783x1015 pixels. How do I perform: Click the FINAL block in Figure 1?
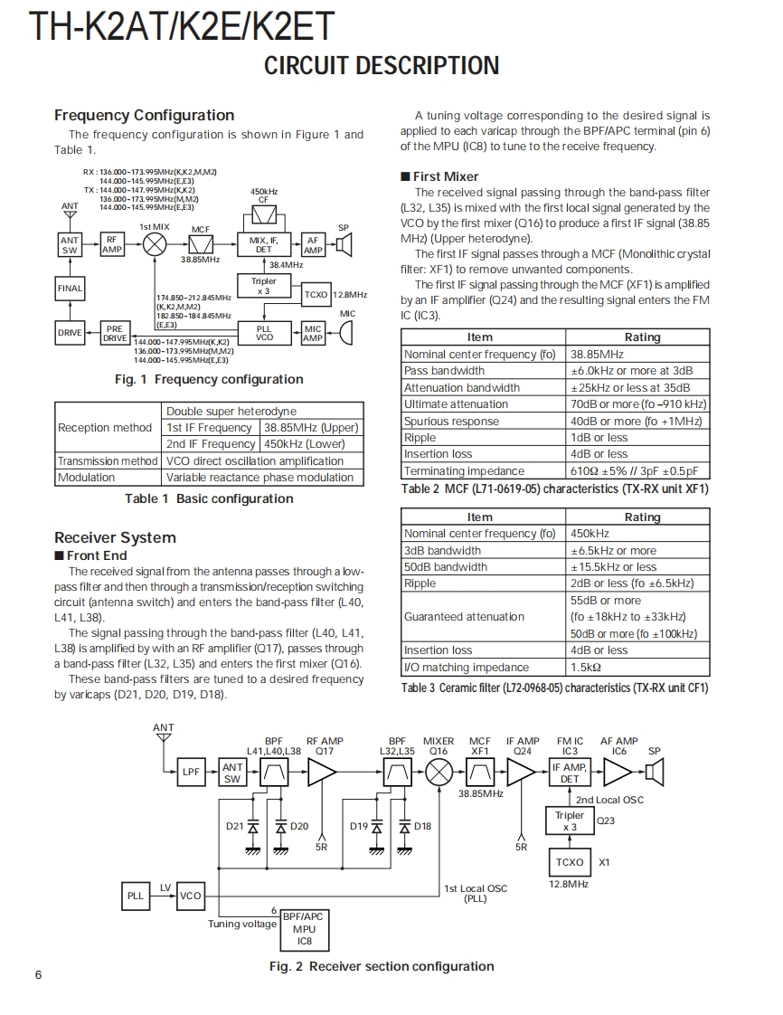click(x=70, y=289)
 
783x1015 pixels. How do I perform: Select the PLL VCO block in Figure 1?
click(x=263, y=333)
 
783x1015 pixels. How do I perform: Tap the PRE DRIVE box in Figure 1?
click(x=114, y=334)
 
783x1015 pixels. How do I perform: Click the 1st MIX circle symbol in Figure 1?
click(x=156, y=244)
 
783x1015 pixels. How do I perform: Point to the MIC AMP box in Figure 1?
click(x=313, y=333)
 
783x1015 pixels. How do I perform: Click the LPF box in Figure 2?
click(x=191, y=772)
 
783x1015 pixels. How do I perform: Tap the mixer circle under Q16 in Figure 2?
click(x=439, y=772)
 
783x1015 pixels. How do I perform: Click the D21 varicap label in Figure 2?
click(x=234, y=826)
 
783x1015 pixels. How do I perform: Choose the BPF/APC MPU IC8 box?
click(x=304, y=928)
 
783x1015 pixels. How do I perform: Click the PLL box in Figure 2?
click(x=135, y=896)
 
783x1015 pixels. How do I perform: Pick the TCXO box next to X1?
click(x=570, y=862)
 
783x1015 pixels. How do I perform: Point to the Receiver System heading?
click(x=115, y=537)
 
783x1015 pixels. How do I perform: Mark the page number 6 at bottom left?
click(x=37, y=974)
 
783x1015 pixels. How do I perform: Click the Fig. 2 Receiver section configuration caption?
click(x=382, y=966)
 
